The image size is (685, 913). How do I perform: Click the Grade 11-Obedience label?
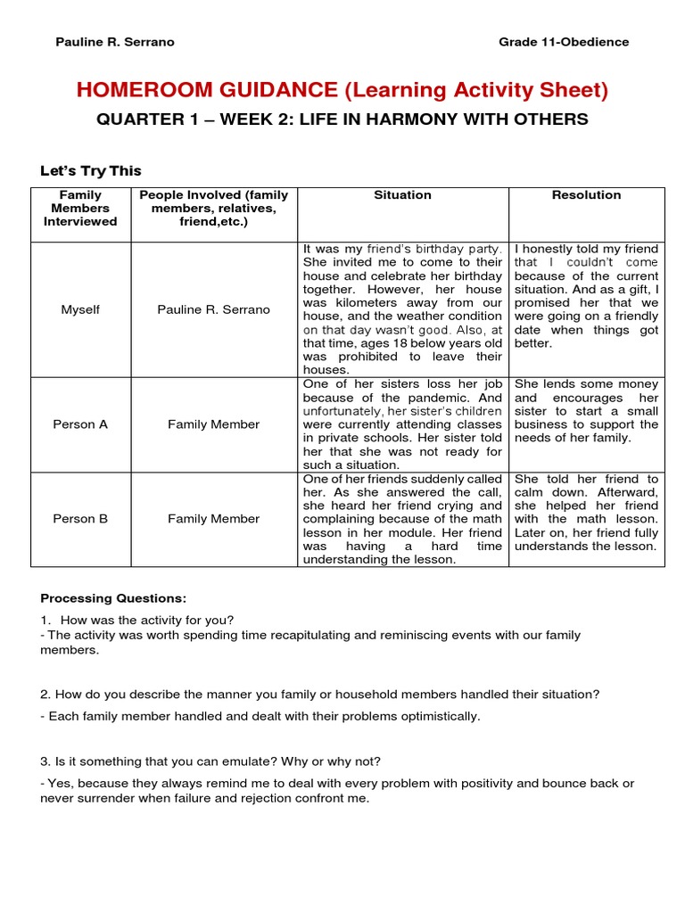(564, 42)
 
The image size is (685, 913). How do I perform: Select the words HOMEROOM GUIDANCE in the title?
(207, 90)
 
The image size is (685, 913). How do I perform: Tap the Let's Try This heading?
(91, 171)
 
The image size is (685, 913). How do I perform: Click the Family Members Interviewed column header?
(80, 208)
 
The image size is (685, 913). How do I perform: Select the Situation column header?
(402, 195)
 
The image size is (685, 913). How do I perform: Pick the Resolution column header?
(586, 195)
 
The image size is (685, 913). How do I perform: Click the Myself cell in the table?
(80, 309)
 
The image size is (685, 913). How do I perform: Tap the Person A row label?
(80, 424)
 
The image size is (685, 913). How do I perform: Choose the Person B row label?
(80, 519)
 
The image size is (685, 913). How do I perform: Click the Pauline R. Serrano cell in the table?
(213, 309)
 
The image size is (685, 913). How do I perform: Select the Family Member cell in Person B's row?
(213, 519)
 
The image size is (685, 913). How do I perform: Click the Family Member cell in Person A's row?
(213, 424)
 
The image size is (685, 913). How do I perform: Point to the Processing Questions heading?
(113, 598)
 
